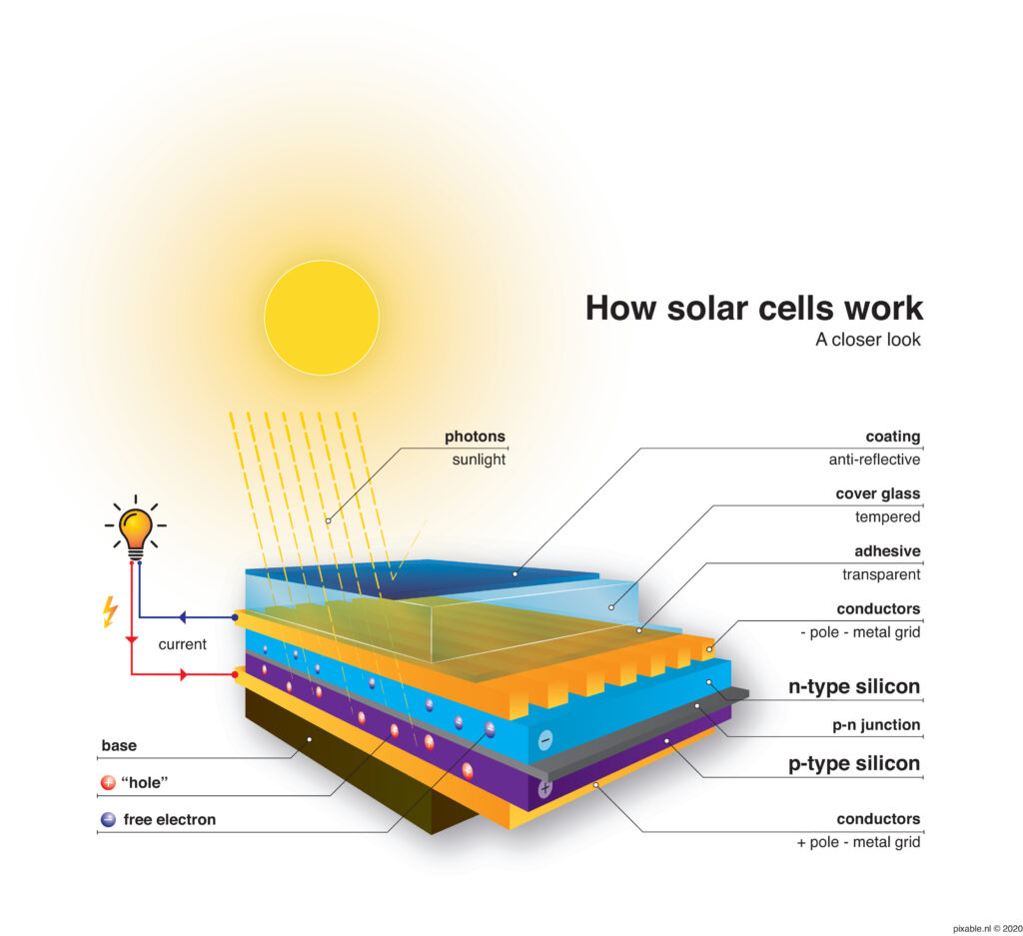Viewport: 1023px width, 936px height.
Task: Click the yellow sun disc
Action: coord(321,318)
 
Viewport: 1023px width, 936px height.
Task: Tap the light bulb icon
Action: coord(135,528)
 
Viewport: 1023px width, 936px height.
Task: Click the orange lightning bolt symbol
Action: coord(111,611)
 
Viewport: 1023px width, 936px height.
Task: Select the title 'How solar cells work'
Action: coord(754,307)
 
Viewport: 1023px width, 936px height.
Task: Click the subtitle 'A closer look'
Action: coord(867,340)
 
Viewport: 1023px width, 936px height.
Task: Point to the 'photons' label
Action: coord(475,437)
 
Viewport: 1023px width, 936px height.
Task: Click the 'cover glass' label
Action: coord(877,493)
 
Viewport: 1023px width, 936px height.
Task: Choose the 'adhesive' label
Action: coord(886,550)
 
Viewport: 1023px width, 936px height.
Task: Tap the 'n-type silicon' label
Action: coord(853,686)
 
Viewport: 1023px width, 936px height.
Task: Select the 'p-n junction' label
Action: coord(878,725)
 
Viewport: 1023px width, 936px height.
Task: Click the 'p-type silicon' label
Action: coord(853,764)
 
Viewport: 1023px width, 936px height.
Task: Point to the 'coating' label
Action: coord(892,437)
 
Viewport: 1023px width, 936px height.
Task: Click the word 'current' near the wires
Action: coord(183,644)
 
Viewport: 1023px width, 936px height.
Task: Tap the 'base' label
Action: coord(119,745)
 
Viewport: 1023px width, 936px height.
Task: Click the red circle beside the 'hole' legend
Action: coord(108,783)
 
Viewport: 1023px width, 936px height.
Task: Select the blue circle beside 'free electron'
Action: coord(108,820)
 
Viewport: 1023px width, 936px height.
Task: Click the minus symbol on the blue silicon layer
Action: coord(545,740)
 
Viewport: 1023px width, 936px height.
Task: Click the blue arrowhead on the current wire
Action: coord(184,617)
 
